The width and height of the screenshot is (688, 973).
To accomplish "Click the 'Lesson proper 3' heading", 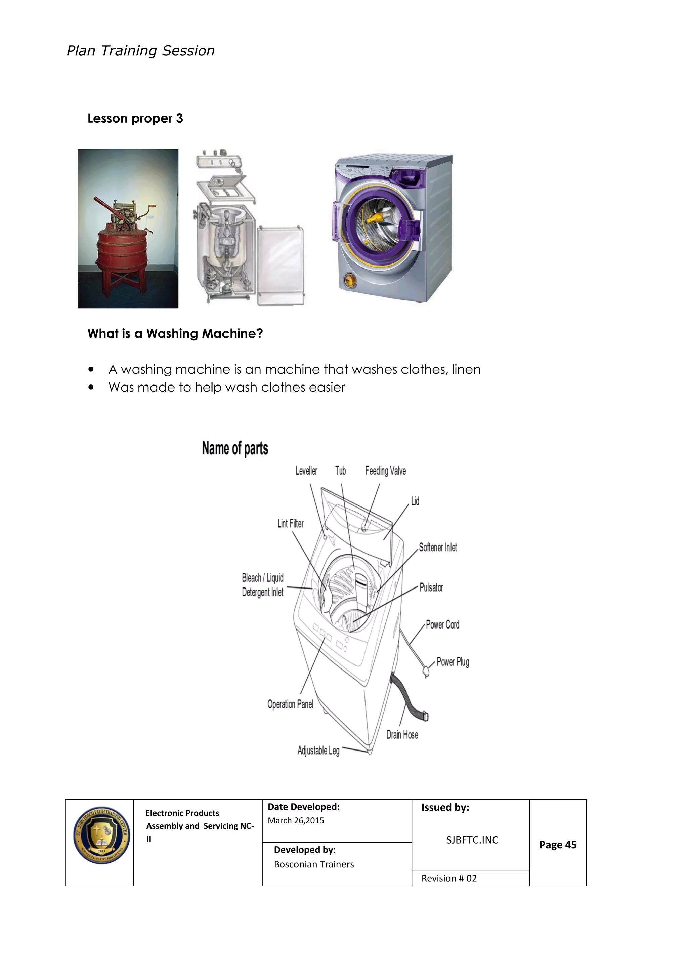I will (135, 118).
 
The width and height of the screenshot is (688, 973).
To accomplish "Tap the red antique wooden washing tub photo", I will (128, 229).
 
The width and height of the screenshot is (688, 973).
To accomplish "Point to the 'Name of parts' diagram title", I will (235, 448).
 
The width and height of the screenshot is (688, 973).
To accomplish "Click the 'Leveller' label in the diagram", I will (306, 471).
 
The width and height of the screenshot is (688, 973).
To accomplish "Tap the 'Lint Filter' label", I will (290, 524).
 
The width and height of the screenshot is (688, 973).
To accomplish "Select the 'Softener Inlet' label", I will (438, 548).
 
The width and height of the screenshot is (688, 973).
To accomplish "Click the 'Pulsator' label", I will (431, 587).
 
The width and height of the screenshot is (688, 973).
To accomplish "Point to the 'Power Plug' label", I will (453, 662).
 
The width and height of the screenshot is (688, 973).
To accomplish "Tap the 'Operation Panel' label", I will (290, 704).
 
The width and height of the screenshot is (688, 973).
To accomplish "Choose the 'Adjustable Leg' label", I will (318, 751).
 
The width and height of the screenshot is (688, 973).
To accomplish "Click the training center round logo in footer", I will (101, 835).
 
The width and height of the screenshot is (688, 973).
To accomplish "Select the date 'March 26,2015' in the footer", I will (296, 820).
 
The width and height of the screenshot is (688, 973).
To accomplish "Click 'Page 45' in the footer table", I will (558, 845).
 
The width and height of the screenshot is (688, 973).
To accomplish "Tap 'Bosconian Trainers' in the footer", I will (313, 864).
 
